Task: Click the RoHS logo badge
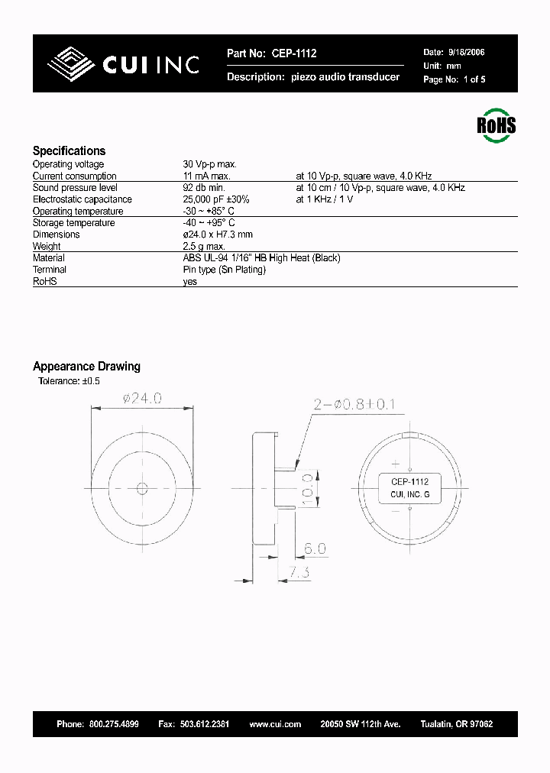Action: tap(497, 125)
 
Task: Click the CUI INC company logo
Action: tap(123, 64)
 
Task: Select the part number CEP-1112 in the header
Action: tap(293, 53)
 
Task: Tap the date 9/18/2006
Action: tap(465, 53)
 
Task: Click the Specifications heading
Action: tap(69, 150)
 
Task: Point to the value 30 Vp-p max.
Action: tap(210, 164)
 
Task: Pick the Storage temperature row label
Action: tap(73, 223)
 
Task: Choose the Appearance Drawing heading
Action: tap(86, 367)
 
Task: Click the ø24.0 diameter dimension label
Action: tap(142, 398)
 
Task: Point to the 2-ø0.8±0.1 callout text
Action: tap(353, 404)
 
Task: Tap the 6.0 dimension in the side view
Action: tap(315, 548)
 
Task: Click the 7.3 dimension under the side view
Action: tap(299, 572)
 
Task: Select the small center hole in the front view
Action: tap(141, 488)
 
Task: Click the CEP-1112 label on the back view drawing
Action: tap(409, 482)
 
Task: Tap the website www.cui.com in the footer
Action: tap(275, 724)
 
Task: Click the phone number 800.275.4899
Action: tap(113, 724)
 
